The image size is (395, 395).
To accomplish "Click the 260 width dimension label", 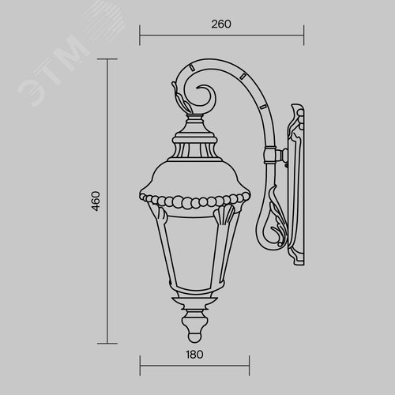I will (220, 24).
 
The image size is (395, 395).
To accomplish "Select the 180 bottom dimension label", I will (195, 354).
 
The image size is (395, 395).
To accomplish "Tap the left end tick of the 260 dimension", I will (141, 34).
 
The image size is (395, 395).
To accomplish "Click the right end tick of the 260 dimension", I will (304, 34).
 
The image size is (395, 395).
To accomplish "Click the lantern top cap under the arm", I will (194, 126).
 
